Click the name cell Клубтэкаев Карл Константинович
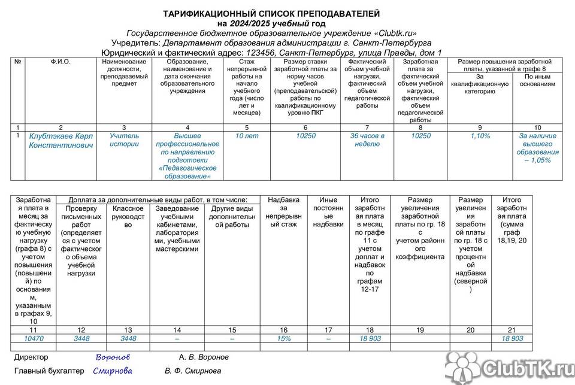[61, 141]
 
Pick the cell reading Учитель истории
[124, 140]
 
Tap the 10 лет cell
[247, 136]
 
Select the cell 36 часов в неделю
[367, 140]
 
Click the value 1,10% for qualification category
[480, 136]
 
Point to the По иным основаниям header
[539, 80]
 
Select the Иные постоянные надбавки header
[328, 213]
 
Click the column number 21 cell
[511, 329]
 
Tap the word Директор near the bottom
[32, 357]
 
